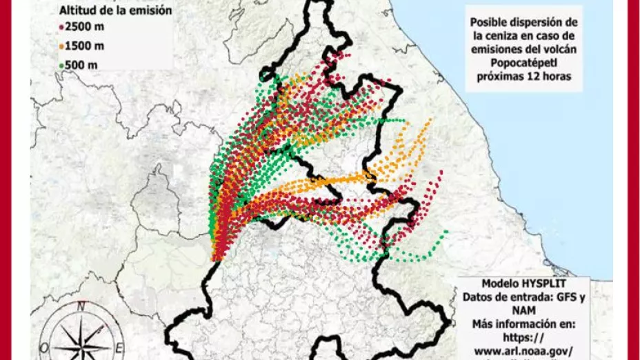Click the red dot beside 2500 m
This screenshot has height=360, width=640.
point(61,29)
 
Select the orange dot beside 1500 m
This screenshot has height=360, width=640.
point(61,47)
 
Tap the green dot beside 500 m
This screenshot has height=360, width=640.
point(61,65)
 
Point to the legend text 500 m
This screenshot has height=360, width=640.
point(82,65)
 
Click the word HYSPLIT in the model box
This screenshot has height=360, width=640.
point(542,284)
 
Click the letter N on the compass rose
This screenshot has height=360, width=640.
point(81,306)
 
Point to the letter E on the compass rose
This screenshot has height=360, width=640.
point(119,346)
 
